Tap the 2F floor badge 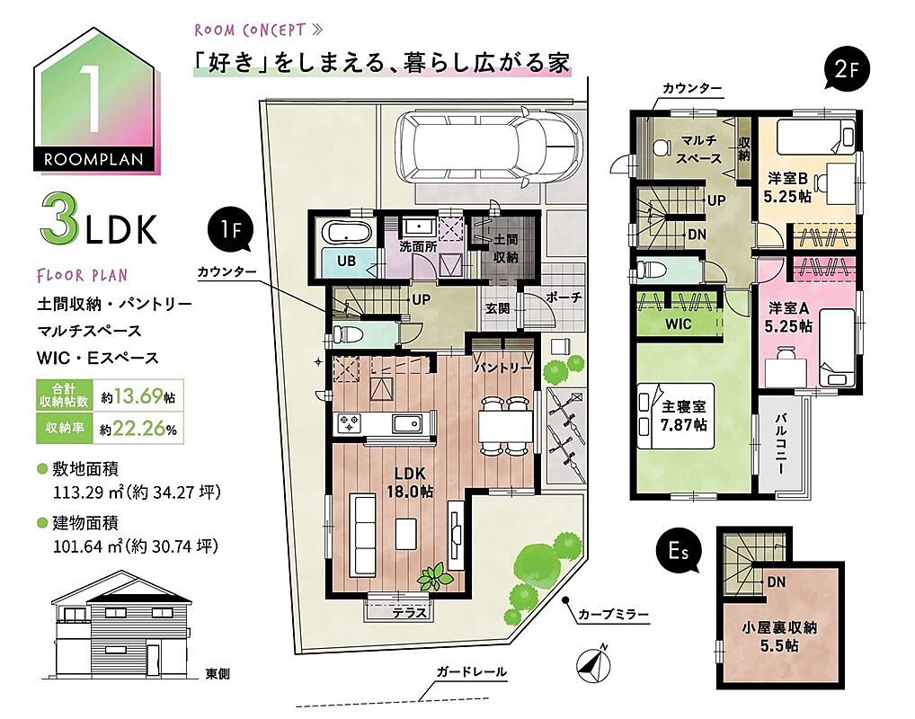(846, 69)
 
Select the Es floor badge (679, 550)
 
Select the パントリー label (502, 368)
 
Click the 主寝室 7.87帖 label (684, 415)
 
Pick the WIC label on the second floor (678, 324)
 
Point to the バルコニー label (780, 444)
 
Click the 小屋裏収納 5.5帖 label (779, 636)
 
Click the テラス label (409, 613)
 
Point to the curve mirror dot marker (564, 599)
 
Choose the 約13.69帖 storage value (138, 396)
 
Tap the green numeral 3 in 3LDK (59, 222)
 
